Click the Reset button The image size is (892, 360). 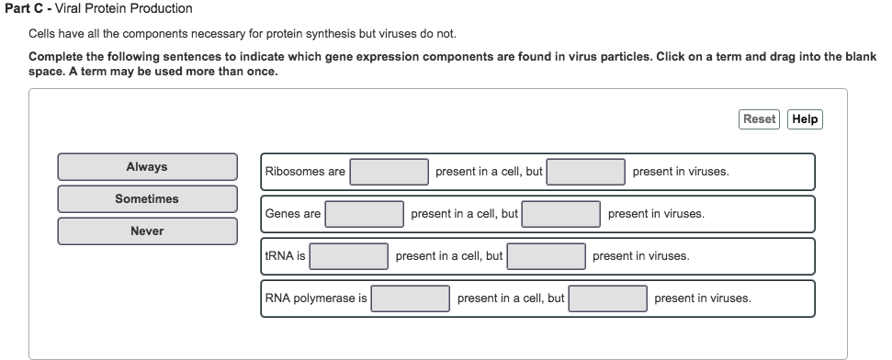pos(758,119)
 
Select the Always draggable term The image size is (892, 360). pos(147,167)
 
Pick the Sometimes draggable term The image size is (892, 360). pos(147,199)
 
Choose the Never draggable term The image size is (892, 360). pos(147,231)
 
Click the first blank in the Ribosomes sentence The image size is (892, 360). pos(390,172)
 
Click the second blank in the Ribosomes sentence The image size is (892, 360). pos(587,172)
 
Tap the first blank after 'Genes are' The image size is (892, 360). pos(365,214)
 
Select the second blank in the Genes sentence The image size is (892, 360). pos(562,214)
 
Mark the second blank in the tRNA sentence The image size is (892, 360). pos(547,256)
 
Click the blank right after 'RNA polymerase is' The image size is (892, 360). pos(411,298)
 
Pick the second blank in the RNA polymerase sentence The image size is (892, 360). pos(608,298)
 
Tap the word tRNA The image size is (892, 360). pos(279,256)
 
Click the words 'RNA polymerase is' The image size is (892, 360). pos(316,298)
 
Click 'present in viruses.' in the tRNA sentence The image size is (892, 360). pos(640,256)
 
